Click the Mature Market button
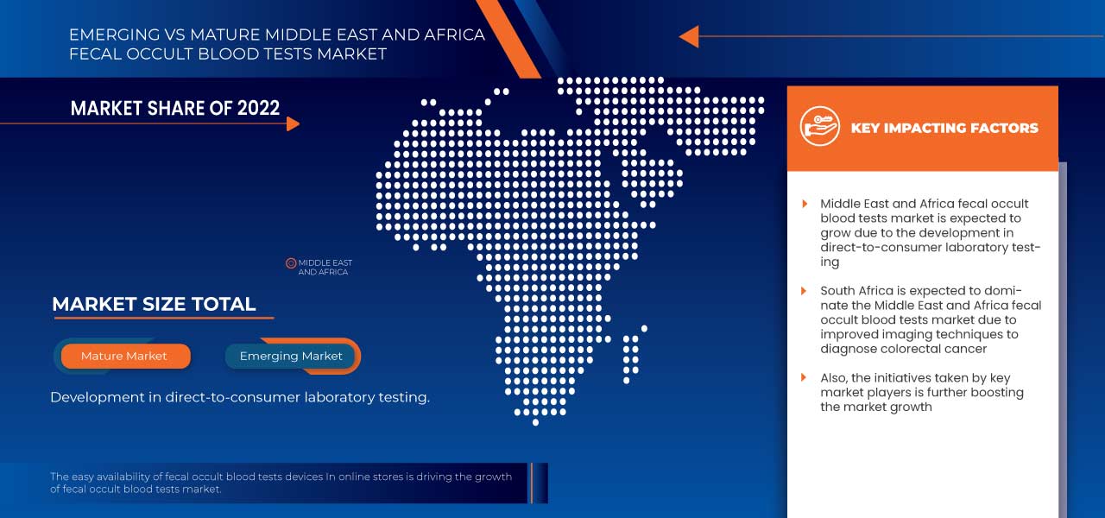(x=124, y=356)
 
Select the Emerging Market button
(x=291, y=356)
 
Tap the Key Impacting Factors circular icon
(x=819, y=127)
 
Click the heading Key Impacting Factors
(x=944, y=128)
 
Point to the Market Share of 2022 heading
(x=175, y=108)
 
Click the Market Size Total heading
(x=154, y=304)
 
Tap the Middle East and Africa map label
(x=325, y=268)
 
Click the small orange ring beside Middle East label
(x=291, y=263)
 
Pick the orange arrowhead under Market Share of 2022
(x=293, y=123)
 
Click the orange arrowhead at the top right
(x=688, y=36)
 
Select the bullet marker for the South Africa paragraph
(x=805, y=291)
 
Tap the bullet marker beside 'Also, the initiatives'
(x=805, y=378)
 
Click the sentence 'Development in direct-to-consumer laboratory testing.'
(x=240, y=397)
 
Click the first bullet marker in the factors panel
(x=805, y=204)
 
